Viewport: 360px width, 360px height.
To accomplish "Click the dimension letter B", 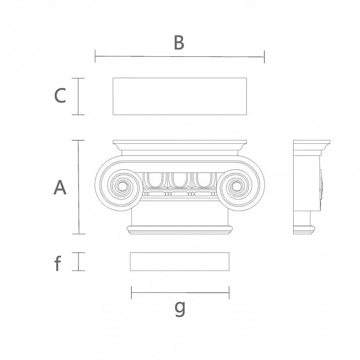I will point(179,43).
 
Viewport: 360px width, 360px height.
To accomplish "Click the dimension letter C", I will point(60,96).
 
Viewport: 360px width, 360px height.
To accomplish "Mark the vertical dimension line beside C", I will point(78,97).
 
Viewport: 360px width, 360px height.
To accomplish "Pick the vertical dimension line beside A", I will point(78,187).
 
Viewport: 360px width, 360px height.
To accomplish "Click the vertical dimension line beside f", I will point(78,261).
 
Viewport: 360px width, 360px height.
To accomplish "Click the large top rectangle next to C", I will point(179,96).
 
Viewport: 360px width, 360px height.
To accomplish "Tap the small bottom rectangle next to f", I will point(179,261).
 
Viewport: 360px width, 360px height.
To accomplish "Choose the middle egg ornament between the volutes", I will point(179,180).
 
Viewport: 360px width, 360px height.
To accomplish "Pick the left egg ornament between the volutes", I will point(154,180).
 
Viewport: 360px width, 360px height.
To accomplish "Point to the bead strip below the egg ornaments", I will point(179,194).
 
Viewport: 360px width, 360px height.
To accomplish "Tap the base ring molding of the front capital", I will point(179,230).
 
